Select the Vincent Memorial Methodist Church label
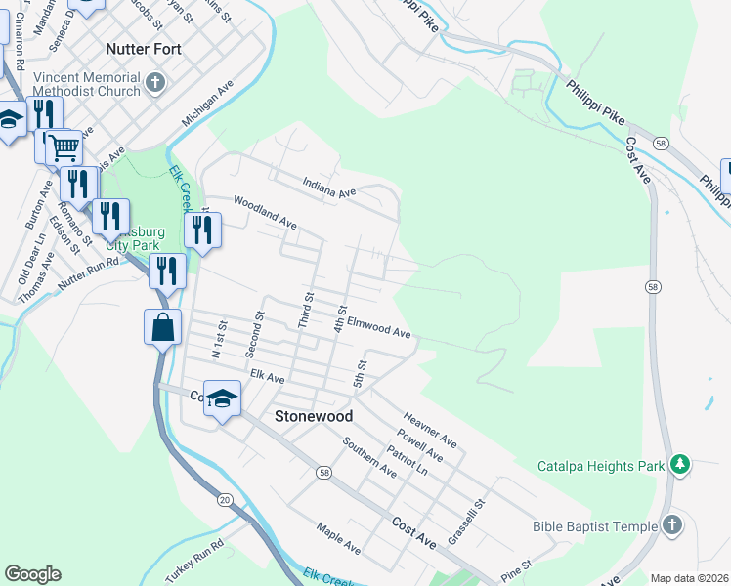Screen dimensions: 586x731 coord(87,85)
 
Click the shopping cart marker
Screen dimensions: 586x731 coord(64,148)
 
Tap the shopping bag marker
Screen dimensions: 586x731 coord(162,327)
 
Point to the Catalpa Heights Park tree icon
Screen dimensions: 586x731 coord(679,466)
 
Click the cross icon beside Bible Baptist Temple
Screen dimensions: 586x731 coord(671,526)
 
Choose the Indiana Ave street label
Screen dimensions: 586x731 coord(329,188)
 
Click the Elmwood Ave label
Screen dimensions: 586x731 coord(379,330)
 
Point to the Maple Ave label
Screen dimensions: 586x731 coord(338,539)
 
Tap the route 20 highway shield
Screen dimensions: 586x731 coord(225,499)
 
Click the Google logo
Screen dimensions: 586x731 coord(32,574)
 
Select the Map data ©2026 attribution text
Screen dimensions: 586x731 coord(690,578)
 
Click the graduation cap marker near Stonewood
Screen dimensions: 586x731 coord(223,398)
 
